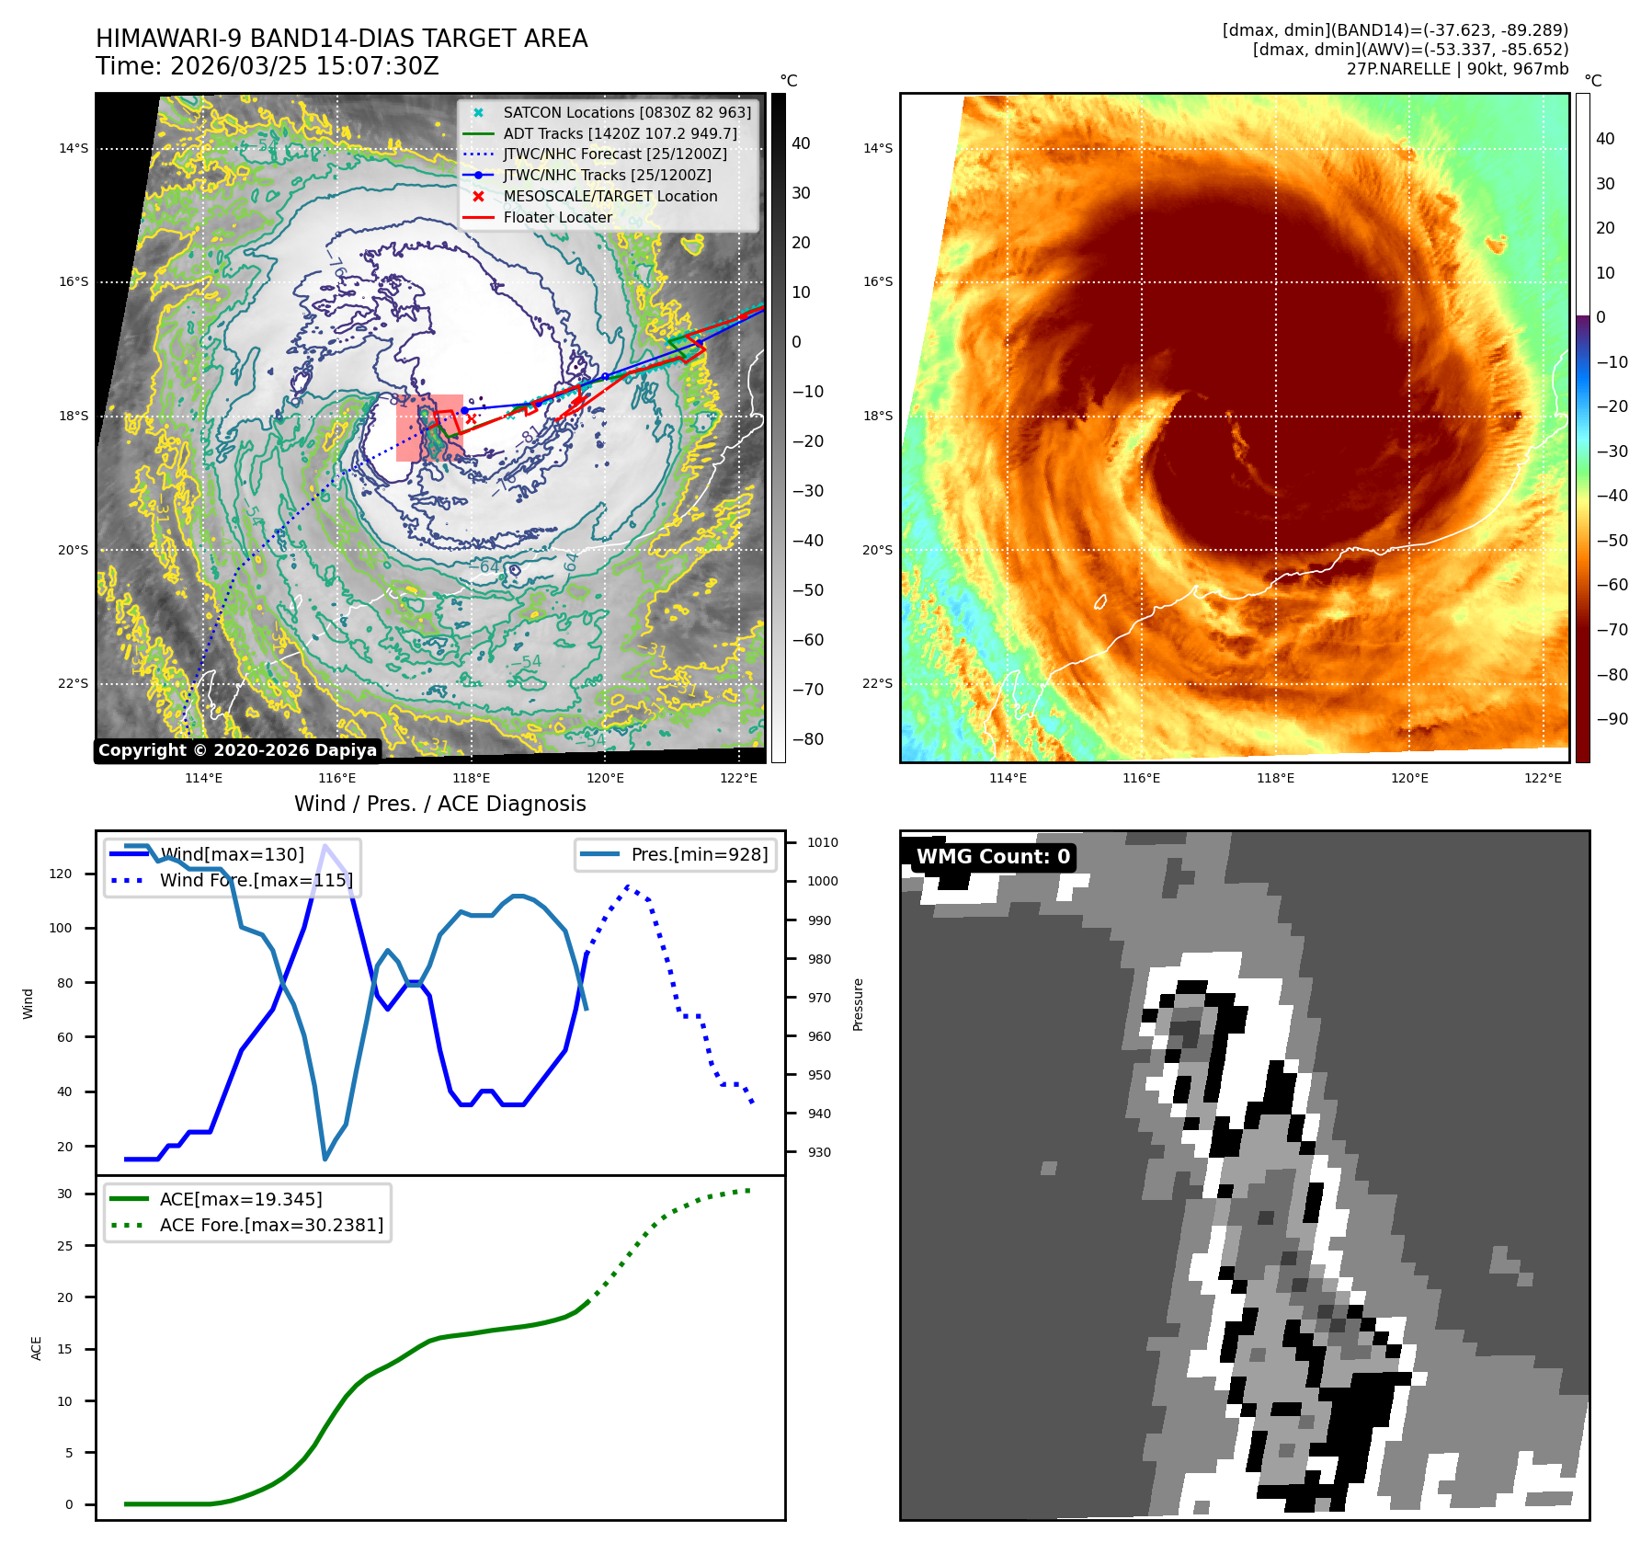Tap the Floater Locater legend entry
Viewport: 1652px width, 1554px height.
[x=557, y=217]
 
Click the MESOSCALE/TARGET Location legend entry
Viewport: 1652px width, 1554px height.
[x=610, y=196]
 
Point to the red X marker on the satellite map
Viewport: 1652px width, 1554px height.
[x=471, y=419]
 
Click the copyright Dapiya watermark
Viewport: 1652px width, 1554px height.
[x=237, y=750]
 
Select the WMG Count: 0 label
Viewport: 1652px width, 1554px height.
[x=993, y=856]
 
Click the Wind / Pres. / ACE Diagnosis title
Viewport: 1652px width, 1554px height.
[x=439, y=804]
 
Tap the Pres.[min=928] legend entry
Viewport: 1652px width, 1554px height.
[x=699, y=854]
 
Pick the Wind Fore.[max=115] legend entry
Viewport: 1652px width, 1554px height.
[x=256, y=880]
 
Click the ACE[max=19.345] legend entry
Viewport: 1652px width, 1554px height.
[x=241, y=1199]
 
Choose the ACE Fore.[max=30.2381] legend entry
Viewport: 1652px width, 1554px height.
[x=271, y=1225]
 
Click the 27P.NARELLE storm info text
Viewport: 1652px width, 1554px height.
[x=1457, y=69]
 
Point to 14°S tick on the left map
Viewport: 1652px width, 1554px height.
[x=74, y=148]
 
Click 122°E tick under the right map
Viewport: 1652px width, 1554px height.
[x=1543, y=778]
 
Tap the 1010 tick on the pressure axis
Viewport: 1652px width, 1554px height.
[x=822, y=842]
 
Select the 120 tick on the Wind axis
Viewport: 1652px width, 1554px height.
[x=61, y=874]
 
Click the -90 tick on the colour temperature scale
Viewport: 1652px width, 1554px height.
[x=1612, y=719]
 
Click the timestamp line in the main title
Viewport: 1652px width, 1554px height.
[x=268, y=66]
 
